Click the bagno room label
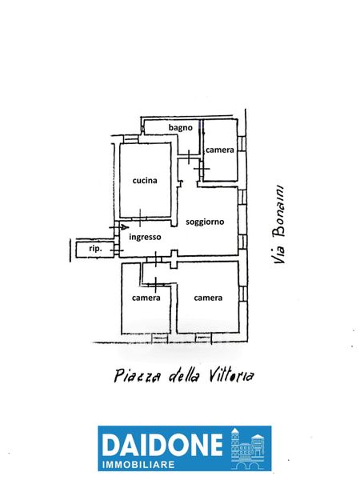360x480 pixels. click(x=180, y=128)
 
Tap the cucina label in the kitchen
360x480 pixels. click(x=145, y=181)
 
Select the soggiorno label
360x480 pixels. click(x=205, y=222)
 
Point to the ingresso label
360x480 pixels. click(x=145, y=237)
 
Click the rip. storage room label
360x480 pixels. click(x=95, y=249)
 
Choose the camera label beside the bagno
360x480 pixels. click(x=220, y=150)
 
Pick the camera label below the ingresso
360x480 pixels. click(x=146, y=298)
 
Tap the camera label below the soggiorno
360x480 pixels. click(x=208, y=298)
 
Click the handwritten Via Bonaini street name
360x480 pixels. click(x=279, y=224)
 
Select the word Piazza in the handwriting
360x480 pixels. click(x=137, y=376)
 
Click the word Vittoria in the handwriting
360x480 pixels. click(x=232, y=375)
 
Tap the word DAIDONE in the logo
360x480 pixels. click(x=162, y=445)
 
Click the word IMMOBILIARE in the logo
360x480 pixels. click(x=138, y=464)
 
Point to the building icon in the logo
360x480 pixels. click(x=247, y=448)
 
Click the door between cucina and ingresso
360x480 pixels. click(x=140, y=218)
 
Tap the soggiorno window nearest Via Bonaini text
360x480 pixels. click(x=242, y=197)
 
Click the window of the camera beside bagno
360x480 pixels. click(x=242, y=143)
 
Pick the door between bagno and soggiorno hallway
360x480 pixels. click(x=189, y=157)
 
